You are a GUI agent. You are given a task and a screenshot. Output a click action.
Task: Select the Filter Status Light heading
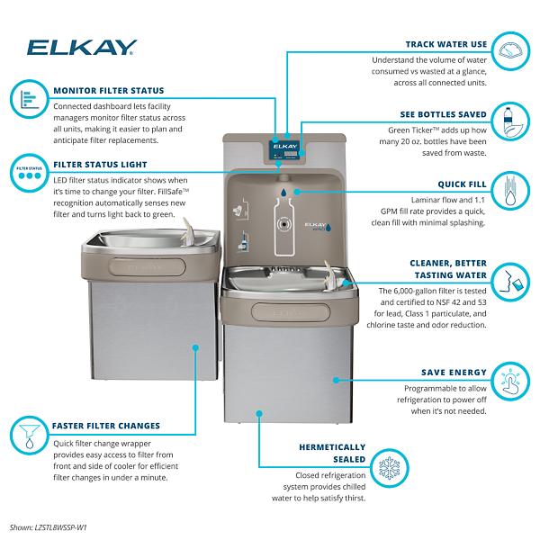tap(100, 165)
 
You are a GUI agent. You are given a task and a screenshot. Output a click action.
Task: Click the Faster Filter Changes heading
tap(106, 426)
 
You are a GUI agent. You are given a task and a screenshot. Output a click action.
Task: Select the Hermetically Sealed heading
tap(331, 452)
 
